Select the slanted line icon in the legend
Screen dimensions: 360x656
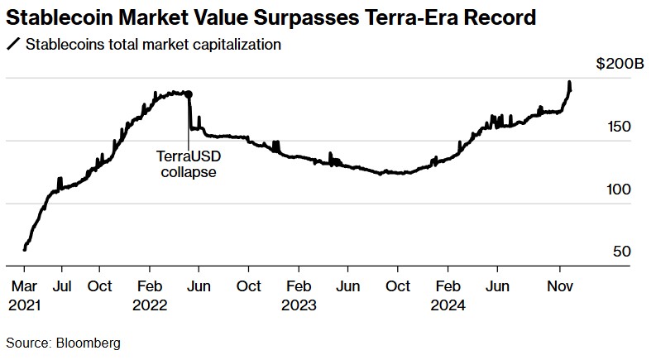click(x=12, y=44)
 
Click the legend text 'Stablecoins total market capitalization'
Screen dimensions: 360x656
click(x=153, y=44)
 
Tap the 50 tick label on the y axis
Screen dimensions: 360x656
click(x=622, y=252)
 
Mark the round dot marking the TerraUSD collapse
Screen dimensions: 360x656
click(x=189, y=94)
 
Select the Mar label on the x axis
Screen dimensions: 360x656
click(x=25, y=286)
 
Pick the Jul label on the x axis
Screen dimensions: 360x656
click(x=61, y=286)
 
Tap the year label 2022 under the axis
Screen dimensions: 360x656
click(x=150, y=304)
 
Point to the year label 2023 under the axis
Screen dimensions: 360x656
click(x=299, y=304)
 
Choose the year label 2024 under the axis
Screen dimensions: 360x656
click(x=448, y=304)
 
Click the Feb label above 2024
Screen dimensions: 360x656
click(x=448, y=286)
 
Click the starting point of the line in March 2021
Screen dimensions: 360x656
click(x=25, y=247)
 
